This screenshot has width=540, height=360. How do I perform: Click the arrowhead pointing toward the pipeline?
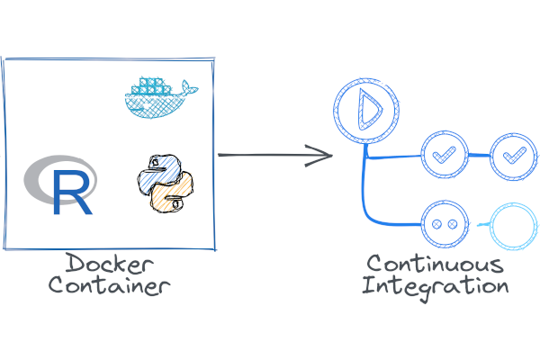pos(324,155)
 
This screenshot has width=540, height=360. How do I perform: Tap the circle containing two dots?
pos(443,223)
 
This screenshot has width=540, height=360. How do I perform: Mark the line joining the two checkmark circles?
pos(478,155)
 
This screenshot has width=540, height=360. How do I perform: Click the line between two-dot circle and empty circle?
pos(477,223)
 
